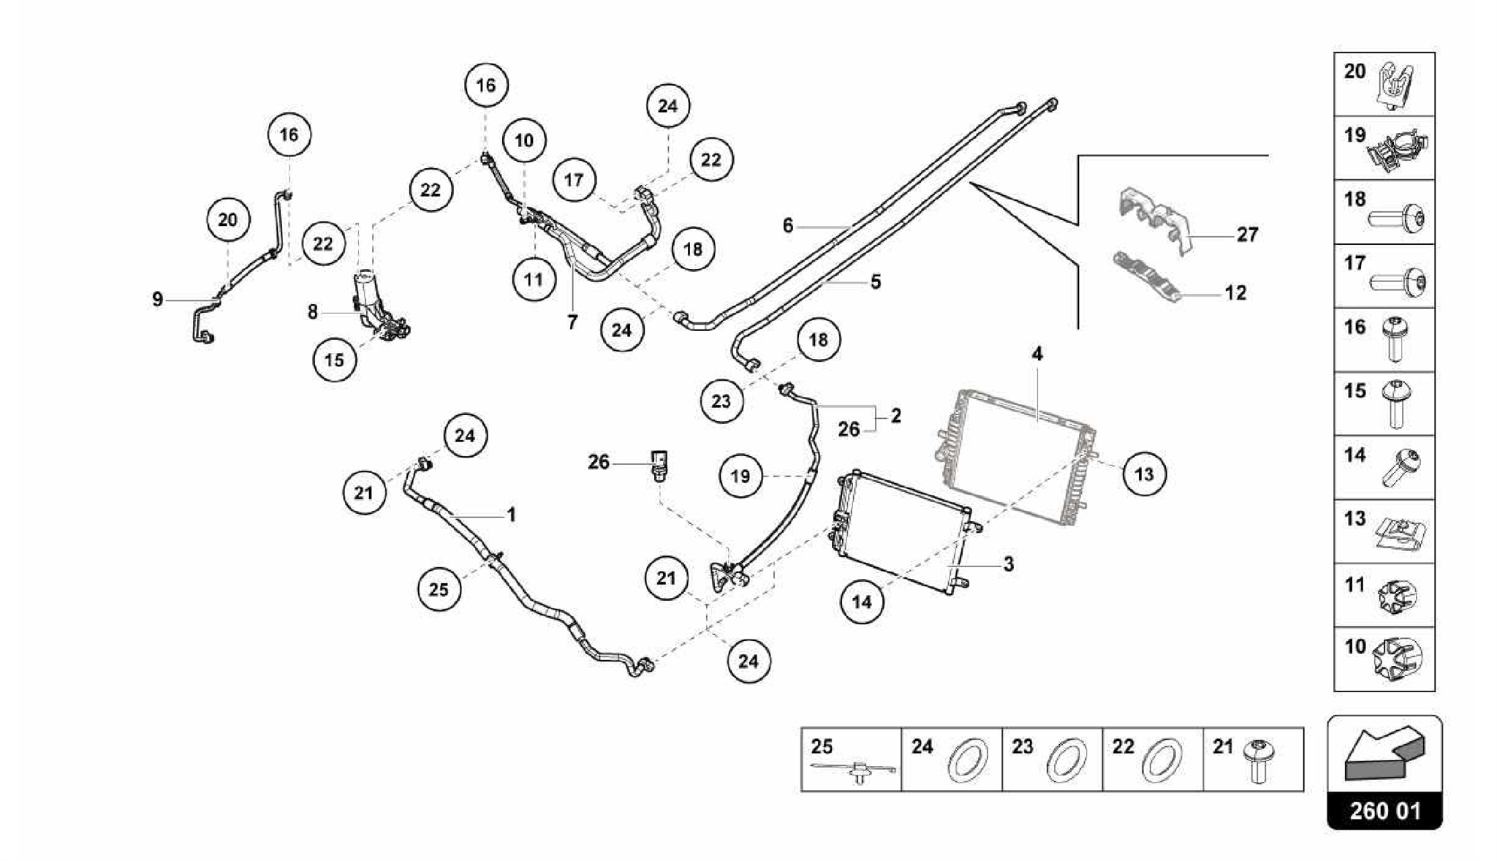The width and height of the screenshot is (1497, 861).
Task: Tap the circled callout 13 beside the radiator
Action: [x=1143, y=474]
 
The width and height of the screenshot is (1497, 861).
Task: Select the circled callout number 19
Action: [x=740, y=477]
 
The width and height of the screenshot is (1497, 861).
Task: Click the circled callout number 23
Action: [x=721, y=401]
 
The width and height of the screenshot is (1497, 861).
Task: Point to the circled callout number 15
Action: [x=334, y=360]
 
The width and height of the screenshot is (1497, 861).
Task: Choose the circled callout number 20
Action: [x=228, y=219]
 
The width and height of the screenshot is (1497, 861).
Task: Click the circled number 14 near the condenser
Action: [x=862, y=602]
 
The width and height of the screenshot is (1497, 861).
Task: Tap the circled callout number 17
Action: [x=574, y=180]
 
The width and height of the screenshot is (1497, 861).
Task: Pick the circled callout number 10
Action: [x=524, y=140]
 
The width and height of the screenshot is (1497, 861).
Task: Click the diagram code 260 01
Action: [x=1384, y=811]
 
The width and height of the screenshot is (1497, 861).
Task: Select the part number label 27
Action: [x=1247, y=235]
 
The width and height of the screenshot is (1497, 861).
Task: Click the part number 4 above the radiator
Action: [x=1036, y=354]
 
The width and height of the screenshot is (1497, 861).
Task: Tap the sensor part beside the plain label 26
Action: [x=661, y=466]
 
